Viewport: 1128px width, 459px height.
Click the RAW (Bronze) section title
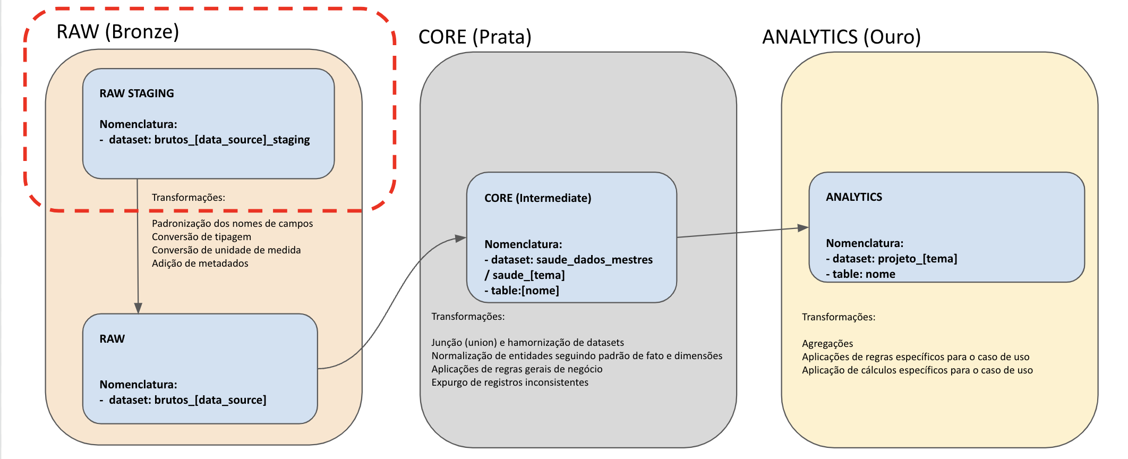tap(117, 32)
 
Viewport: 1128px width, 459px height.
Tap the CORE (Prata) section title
tap(475, 37)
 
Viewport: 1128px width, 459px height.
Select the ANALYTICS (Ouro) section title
tap(841, 37)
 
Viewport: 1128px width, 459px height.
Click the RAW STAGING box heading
tap(136, 93)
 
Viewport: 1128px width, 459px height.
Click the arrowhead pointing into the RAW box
tap(138, 308)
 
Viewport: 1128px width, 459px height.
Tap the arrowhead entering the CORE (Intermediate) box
tap(460, 239)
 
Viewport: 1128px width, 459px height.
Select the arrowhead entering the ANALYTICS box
tap(803, 228)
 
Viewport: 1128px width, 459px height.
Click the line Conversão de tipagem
tap(201, 237)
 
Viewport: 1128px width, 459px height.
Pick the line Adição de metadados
tap(200, 263)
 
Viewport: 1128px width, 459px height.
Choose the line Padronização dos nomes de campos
tap(232, 224)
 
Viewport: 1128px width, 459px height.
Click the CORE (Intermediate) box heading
tap(537, 198)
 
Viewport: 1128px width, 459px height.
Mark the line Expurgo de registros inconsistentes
tap(510, 382)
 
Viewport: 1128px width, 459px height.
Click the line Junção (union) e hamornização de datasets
tap(527, 343)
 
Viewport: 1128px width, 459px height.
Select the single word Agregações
tap(827, 344)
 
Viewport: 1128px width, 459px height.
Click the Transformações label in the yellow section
tap(839, 317)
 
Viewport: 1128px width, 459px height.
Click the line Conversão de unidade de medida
tap(226, 250)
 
